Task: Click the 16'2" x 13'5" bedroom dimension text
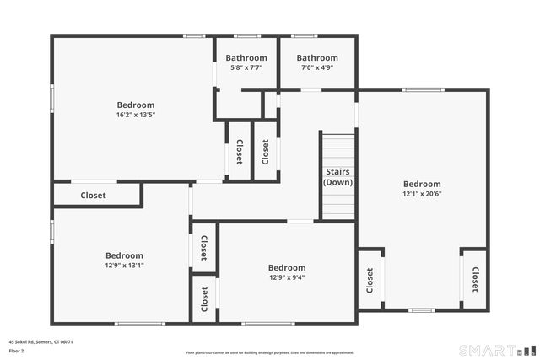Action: [x=136, y=115]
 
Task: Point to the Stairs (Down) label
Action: [x=338, y=177]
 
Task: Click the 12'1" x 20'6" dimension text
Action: [x=422, y=194]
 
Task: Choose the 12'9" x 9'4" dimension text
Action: [x=287, y=278]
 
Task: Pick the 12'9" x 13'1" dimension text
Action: [x=124, y=266]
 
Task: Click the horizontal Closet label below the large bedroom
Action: [x=93, y=196]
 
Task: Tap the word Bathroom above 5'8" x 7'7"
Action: [x=246, y=58]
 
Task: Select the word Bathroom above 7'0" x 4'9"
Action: [x=316, y=58]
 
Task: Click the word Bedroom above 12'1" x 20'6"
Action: [x=422, y=184]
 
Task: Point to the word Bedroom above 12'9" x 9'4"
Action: [x=287, y=268]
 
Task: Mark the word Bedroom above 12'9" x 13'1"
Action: [x=124, y=255]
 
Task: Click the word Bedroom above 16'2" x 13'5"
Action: [x=136, y=105]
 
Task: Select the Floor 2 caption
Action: [x=17, y=351]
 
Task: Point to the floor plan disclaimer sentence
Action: [x=270, y=353]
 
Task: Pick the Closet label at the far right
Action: [x=475, y=280]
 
